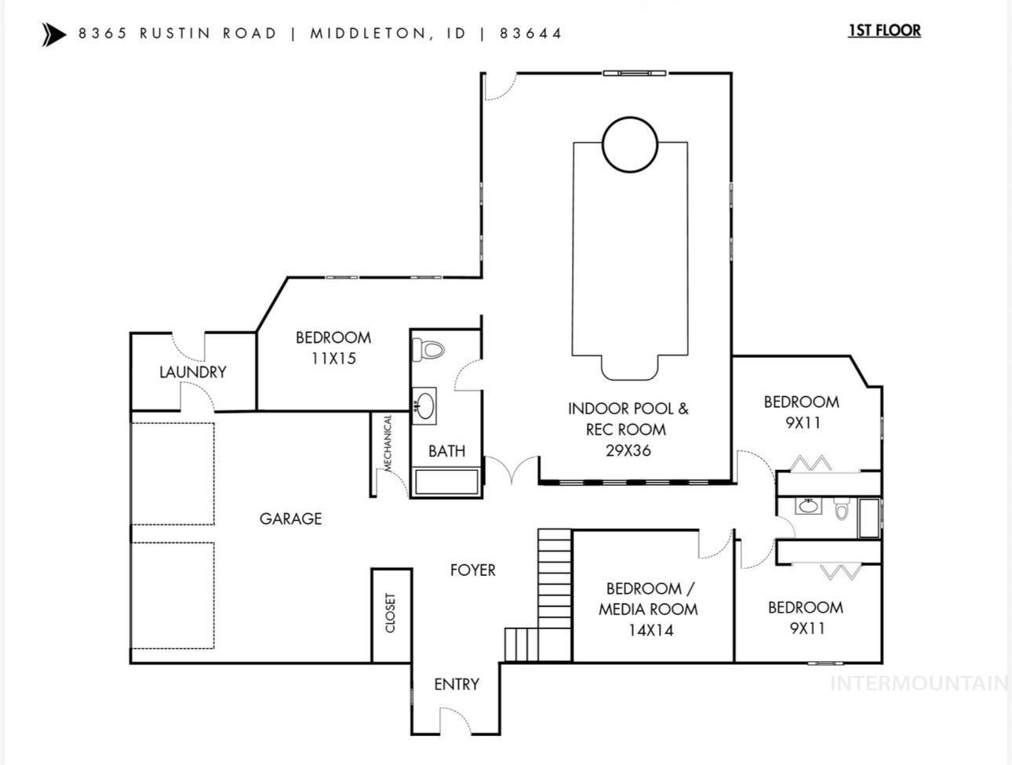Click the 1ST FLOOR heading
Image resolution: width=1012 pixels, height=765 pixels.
coord(884,31)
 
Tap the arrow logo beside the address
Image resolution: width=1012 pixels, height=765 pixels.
coord(54,35)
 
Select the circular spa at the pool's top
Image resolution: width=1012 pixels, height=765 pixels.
coord(629,144)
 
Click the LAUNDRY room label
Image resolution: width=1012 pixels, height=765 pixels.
coord(193,372)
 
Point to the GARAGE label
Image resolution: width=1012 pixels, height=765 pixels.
coord(290,519)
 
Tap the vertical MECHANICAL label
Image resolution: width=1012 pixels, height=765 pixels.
coord(387,443)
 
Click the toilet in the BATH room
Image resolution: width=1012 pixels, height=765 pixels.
coord(428,349)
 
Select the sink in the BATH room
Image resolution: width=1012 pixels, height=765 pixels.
coord(424,406)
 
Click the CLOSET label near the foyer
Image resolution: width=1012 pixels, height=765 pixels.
coord(391,613)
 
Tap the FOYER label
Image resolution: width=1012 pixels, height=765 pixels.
coord(472,570)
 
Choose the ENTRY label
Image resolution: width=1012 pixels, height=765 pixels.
coord(456,684)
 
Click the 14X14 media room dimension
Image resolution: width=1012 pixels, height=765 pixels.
coord(650,630)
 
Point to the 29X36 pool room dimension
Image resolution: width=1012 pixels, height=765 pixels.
coord(628,450)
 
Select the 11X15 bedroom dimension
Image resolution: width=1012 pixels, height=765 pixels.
coord(333,359)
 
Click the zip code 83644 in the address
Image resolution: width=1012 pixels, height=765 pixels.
coord(530,34)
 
